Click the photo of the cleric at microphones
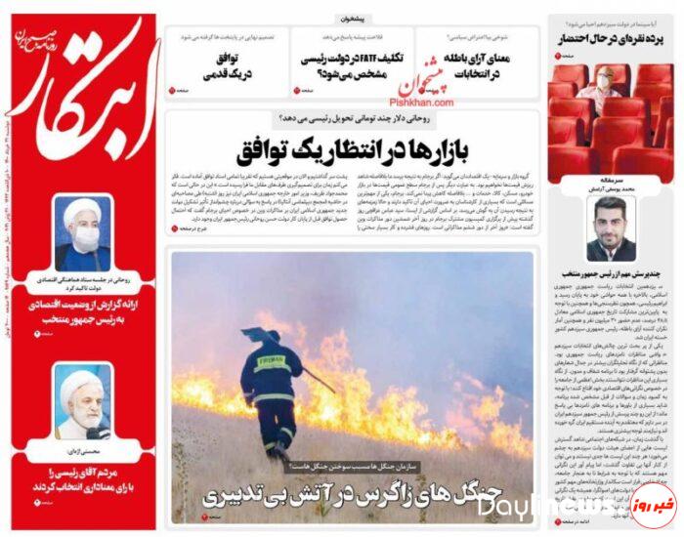pos(83,401)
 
